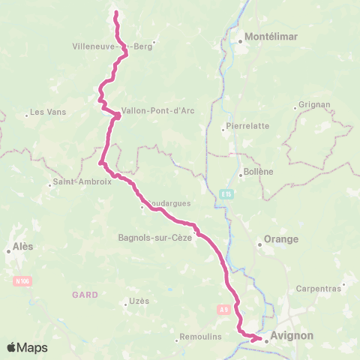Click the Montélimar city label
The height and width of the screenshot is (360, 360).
[266, 36]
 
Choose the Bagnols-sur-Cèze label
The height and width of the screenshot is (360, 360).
[155, 238]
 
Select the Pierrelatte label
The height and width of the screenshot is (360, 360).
[248, 126]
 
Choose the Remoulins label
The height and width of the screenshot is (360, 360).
[201, 337]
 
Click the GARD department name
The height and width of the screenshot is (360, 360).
[85, 295]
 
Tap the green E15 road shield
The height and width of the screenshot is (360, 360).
[226, 194]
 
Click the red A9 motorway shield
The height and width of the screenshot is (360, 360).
[223, 308]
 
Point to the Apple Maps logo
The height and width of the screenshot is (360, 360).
[27, 347]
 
